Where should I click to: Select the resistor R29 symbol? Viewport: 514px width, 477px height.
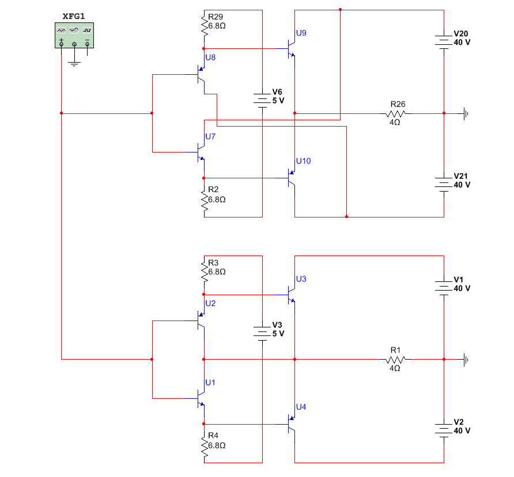pos(204,23)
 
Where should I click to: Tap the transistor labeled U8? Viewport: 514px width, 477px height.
pos(201,75)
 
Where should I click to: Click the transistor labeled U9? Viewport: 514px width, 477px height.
pos(291,48)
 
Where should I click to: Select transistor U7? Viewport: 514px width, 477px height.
pos(201,152)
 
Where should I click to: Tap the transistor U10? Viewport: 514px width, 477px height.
pos(291,178)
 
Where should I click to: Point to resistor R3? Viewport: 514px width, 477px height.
pos(204,268)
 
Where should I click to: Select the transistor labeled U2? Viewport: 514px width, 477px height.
pos(201,320)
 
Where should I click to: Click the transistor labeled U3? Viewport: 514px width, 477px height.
pos(291,295)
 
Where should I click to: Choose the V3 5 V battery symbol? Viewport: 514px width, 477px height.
pos(262,333)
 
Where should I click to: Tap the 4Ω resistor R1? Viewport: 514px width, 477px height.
pos(396,359)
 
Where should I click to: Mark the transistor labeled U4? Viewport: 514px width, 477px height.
pos(291,424)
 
